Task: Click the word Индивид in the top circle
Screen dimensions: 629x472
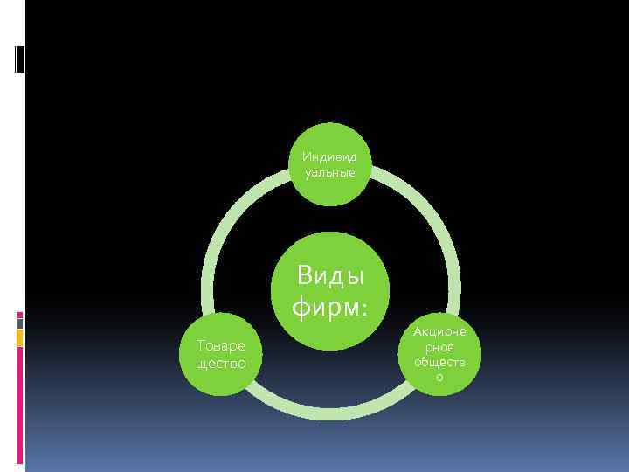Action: [x=329, y=157]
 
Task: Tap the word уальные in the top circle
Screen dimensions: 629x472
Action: [x=329, y=172]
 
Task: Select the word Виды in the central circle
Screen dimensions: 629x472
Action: [x=329, y=277]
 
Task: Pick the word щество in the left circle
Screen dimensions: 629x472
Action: [x=221, y=363]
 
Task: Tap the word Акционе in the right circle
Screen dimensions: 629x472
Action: [x=439, y=332]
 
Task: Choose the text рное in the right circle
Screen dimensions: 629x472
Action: [x=439, y=347]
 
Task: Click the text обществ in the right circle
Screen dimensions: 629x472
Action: [x=439, y=362]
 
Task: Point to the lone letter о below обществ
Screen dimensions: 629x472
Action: [x=439, y=377]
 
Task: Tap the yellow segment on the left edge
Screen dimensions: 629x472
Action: [x=20, y=337]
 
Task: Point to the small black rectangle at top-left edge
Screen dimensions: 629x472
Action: [x=19, y=59]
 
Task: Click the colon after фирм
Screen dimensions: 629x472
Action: [x=362, y=309]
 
